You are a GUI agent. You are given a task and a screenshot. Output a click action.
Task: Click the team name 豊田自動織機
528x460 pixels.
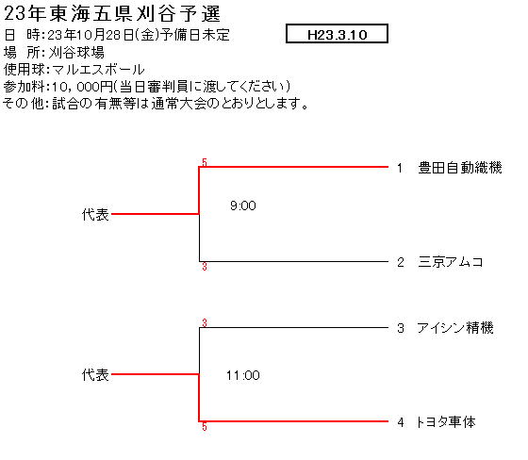click(460, 168)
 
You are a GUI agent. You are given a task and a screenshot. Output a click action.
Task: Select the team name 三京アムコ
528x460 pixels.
click(451, 262)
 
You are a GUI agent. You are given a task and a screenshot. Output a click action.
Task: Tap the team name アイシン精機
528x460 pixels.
click(454, 328)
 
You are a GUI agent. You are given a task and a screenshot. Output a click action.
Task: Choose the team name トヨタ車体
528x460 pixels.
click(445, 421)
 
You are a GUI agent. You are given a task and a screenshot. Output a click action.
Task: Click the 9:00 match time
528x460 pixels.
click(243, 205)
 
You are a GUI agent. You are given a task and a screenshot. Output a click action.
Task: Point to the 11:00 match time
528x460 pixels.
click(243, 375)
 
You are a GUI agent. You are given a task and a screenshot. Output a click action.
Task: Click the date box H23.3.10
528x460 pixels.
click(338, 34)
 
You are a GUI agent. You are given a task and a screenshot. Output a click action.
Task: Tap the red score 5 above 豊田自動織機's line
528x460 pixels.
click(205, 162)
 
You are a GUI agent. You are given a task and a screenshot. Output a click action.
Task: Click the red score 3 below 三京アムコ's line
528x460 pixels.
click(205, 267)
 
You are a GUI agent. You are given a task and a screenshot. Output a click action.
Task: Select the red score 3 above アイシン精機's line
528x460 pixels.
click(205, 323)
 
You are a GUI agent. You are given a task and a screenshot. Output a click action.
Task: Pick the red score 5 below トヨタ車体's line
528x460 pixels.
click(205, 427)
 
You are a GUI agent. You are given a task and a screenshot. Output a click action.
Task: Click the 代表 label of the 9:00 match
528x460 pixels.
click(95, 215)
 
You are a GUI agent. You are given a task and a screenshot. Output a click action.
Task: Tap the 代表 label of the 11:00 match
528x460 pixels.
click(95, 375)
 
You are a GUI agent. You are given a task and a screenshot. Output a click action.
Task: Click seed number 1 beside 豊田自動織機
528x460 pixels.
click(400, 168)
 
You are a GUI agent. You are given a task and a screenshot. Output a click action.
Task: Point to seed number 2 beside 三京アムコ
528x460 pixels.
click(401, 262)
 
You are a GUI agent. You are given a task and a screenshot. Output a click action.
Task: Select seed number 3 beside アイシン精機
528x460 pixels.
click(401, 328)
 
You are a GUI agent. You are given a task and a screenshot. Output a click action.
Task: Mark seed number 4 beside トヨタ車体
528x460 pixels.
click(401, 422)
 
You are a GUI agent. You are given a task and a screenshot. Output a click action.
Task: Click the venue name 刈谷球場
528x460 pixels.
click(76, 53)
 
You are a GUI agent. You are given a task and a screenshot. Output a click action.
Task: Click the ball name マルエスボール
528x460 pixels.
click(98, 70)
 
